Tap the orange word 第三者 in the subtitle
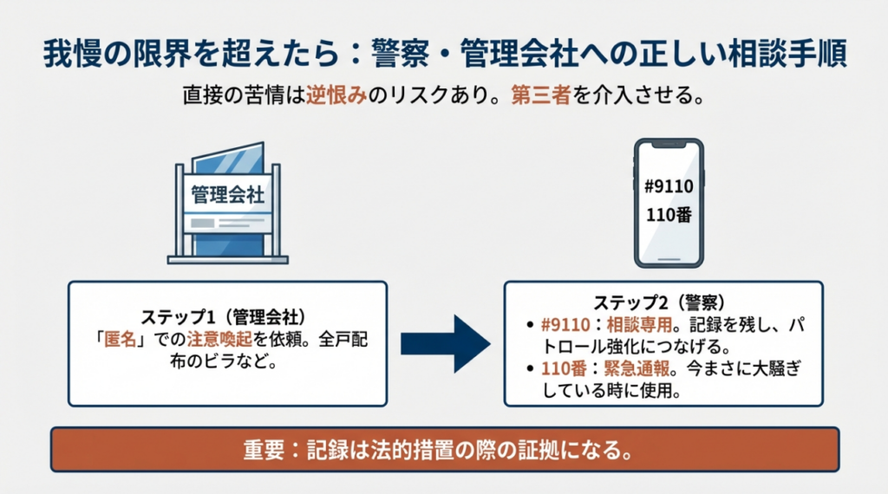(537, 94)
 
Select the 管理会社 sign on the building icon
(227, 193)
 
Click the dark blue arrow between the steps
(445, 343)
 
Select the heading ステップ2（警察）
(663, 302)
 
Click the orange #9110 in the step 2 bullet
(564, 324)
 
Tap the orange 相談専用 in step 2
(636, 324)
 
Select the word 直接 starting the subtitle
(201, 94)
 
